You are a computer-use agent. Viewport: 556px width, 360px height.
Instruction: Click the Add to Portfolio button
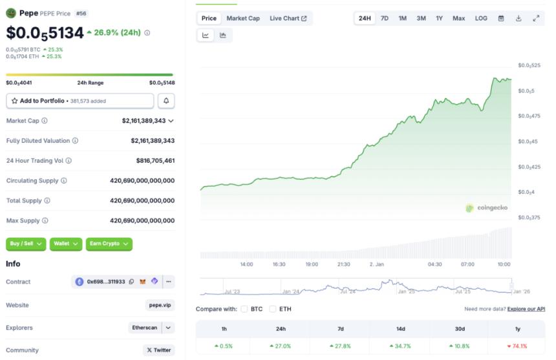click(80, 101)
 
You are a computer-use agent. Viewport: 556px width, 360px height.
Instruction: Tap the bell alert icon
click(166, 101)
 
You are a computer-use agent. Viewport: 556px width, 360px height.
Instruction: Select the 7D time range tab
click(385, 18)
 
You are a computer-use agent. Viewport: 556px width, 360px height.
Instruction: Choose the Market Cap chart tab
click(243, 18)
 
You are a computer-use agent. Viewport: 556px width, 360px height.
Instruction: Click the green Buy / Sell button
click(27, 244)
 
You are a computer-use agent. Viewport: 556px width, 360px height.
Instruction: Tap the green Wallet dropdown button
click(67, 244)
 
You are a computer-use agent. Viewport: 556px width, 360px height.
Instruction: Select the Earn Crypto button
click(109, 244)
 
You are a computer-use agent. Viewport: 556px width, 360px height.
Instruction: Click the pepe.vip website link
click(160, 305)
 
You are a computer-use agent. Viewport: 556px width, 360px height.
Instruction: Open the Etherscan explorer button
click(144, 328)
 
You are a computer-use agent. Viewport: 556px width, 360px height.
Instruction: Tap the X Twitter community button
click(158, 350)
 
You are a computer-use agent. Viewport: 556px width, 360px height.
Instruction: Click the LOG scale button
click(481, 18)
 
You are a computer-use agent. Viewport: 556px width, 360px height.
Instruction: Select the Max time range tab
click(458, 18)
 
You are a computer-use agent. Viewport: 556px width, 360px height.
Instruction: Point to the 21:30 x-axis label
click(343, 264)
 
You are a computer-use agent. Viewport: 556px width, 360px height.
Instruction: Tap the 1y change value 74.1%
click(517, 346)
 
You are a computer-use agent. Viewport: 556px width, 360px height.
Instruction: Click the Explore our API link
click(526, 309)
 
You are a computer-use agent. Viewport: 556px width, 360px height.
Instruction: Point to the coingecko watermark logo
click(487, 207)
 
